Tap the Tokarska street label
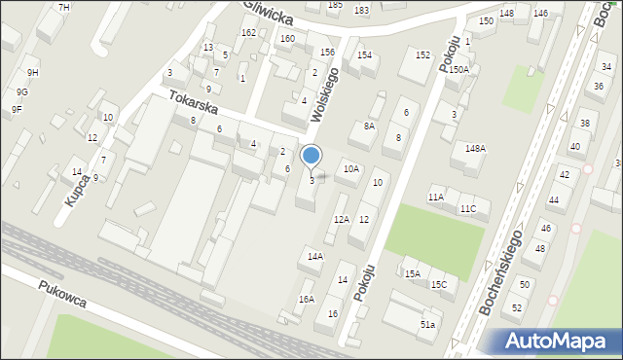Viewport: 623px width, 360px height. [191, 102]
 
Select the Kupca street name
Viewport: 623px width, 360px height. [79, 191]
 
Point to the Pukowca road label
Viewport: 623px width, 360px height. [62, 294]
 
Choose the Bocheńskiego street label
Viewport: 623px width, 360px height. [501, 271]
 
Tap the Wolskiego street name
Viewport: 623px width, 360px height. [325, 93]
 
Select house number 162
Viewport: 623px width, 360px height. [248, 33]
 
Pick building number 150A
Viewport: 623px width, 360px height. [458, 70]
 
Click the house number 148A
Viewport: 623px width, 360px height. [475, 148]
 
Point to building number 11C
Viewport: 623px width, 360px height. [468, 209]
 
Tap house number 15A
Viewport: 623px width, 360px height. [413, 273]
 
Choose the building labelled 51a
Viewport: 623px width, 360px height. [427, 324]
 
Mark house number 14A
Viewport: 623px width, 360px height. [314, 257]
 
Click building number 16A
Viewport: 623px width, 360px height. [307, 300]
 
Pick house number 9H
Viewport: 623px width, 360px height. [33, 73]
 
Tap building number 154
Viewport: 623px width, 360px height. [364, 55]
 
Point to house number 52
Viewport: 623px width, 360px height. [518, 307]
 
